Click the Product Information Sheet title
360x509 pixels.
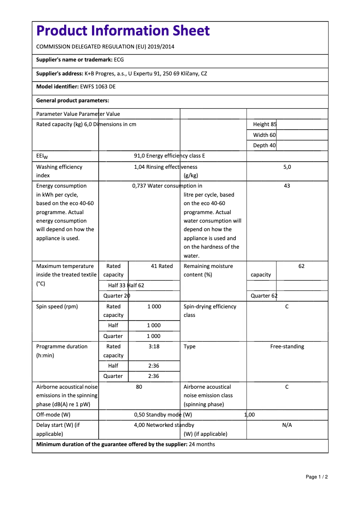[123, 31]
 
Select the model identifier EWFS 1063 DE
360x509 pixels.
[97, 87]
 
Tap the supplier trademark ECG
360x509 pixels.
[119, 60]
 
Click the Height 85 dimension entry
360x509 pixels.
[265, 124]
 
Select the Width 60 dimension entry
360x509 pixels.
[264, 135]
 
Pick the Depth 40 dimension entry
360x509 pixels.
[264, 145]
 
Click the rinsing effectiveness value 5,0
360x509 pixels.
[287, 167]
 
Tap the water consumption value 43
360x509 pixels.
[287, 186]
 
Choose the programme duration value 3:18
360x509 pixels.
[154, 347]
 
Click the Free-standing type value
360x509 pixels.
[287, 347]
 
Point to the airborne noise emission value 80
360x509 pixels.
[139, 387]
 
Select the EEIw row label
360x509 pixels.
[42, 156]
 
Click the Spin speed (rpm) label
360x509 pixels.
[57, 307]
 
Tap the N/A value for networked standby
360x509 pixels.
[287, 425]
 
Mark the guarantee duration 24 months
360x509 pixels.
[202, 445]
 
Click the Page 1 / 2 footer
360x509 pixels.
[316, 477]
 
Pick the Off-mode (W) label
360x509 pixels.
[53, 415]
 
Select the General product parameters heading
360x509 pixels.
[73, 101]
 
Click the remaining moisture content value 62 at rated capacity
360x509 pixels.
[301, 266]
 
